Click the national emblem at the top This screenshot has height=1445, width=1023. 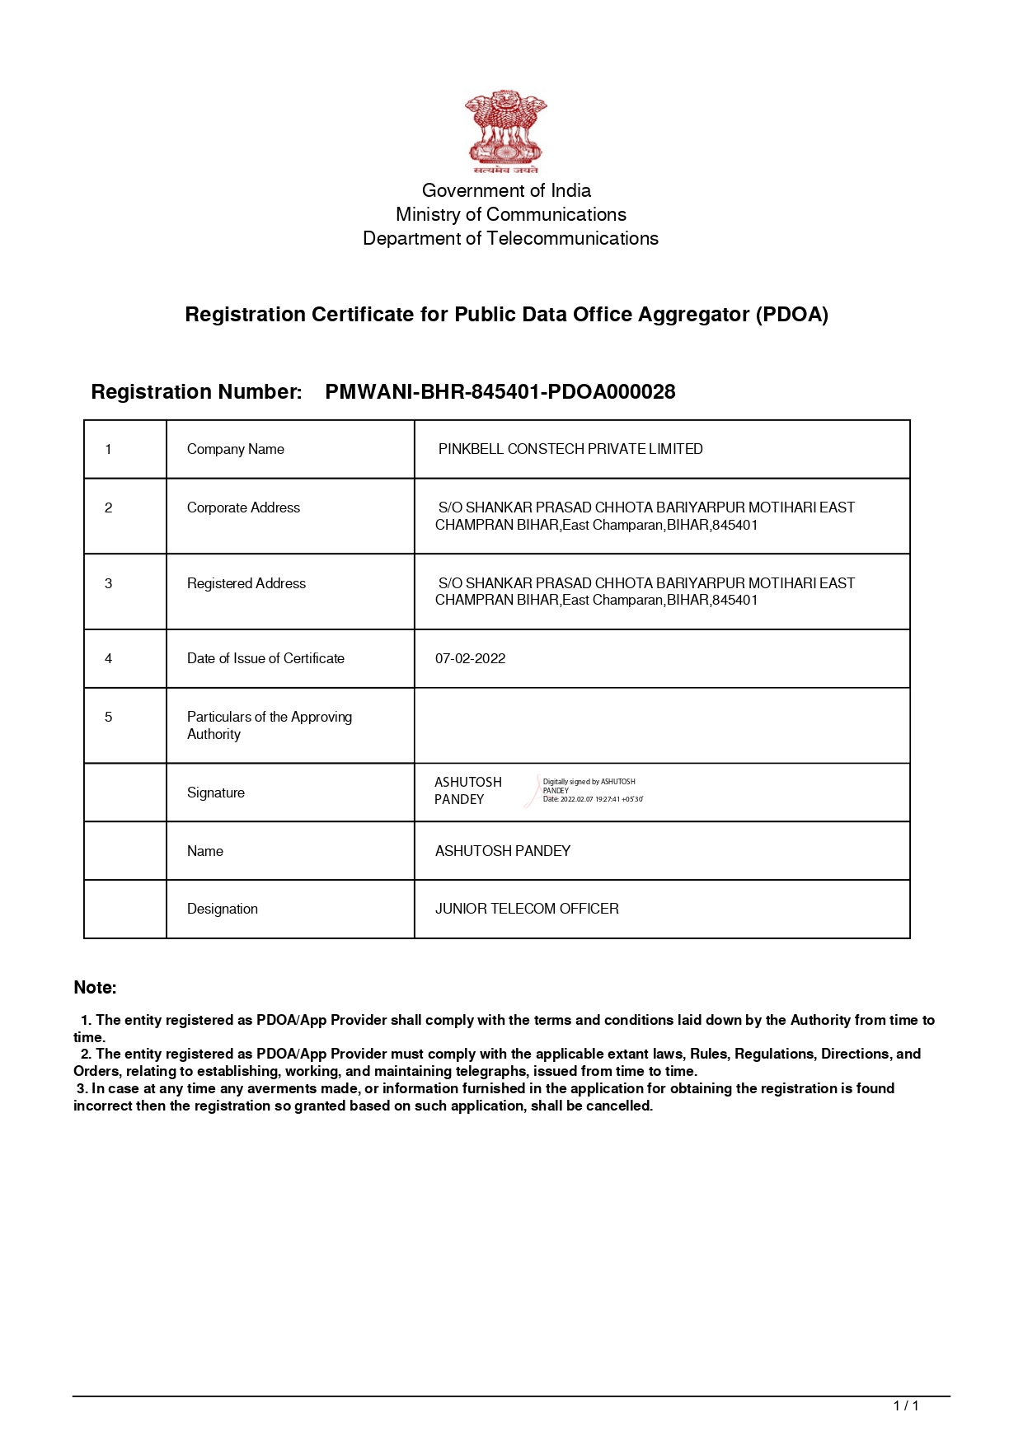click(505, 132)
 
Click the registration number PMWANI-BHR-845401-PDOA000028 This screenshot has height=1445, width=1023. click(500, 392)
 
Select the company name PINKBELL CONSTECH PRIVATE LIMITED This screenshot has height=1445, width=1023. click(570, 449)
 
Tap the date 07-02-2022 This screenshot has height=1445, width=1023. click(470, 658)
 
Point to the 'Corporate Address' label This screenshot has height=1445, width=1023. click(243, 507)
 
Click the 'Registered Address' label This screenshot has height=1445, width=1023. click(246, 583)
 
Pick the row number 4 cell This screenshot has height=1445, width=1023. click(108, 658)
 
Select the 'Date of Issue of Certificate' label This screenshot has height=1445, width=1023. click(265, 658)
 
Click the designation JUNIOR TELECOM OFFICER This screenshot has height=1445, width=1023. click(527, 909)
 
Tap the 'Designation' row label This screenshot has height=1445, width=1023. click(222, 909)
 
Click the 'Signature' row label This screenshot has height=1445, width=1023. click(215, 793)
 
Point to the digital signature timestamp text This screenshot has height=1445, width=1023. click(593, 799)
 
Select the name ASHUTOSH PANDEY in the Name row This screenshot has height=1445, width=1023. click(503, 851)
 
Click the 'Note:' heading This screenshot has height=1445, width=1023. click(95, 987)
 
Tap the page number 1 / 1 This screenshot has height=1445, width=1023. click(906, 1405)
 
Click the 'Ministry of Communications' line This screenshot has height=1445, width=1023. click(510, 214)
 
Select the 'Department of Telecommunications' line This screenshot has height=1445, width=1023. click(510, 238)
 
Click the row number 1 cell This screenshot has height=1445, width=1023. click(108, 449)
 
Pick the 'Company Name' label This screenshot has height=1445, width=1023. click(235, 449)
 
